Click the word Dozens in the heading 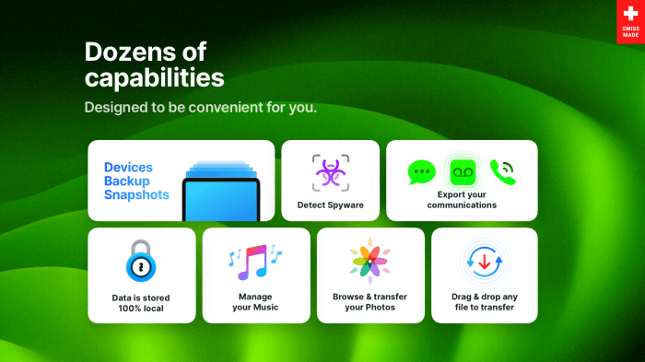coord(128,51)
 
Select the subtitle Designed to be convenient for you coord(201,107)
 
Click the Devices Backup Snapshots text coord(136,181)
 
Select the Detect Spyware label coord(330,204)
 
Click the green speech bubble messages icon coord(422,172)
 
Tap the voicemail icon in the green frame coord(462,171)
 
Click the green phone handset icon coord(502,171)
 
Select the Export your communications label coord(462,199)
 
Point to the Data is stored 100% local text coord(142,302)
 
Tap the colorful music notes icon coord(254,262)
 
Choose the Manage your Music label coord(254,302)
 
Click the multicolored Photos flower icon coord(369,262)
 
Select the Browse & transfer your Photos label coord(369,302)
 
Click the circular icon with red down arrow coord(484,261)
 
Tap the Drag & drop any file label coord(484,302)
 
